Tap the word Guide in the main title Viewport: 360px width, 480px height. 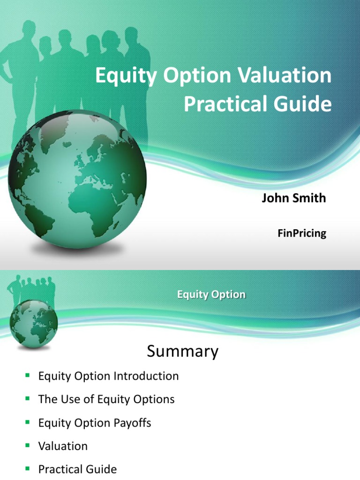[x=306, y=104]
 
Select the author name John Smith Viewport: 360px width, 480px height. [x=293, y=198]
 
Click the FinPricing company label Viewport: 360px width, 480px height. [x=301, y=233]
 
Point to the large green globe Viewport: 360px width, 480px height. [x=77, y=180]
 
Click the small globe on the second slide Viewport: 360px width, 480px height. [x=33, y=322]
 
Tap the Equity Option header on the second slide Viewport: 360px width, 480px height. [x=211, y=295]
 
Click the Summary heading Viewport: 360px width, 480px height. [x=182, y=351]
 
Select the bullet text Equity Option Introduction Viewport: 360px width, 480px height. [x=108, y=376]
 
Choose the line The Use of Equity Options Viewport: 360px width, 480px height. [x=106, y=399]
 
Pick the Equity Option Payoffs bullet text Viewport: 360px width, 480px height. [x=95, y=423]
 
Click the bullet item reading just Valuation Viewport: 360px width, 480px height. [x=63, y=446]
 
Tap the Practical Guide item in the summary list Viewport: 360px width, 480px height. [x=77, y=469]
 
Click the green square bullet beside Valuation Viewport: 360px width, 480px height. [x=28, y=445]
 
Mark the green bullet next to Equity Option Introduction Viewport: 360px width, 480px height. [x=28, y=375]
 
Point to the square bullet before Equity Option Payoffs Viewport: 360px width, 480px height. [x=28, y=422]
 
